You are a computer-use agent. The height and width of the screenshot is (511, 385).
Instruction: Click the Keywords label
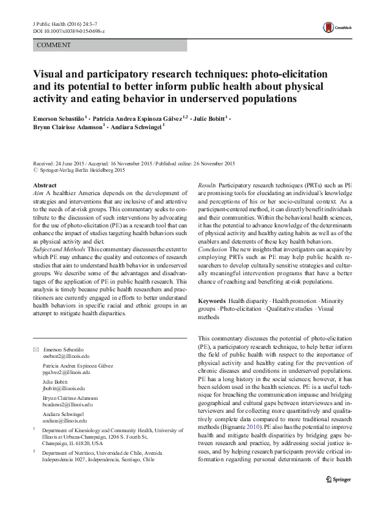pos(212,302)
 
